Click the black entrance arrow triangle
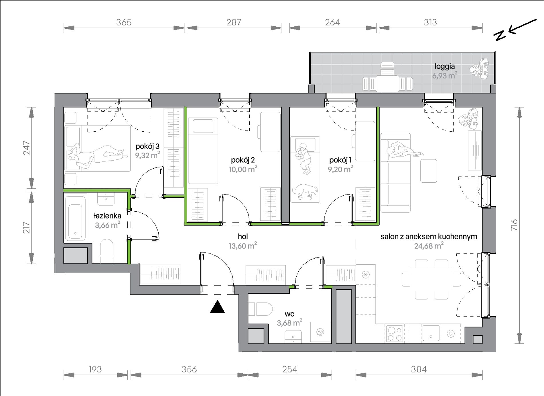coord(217,307)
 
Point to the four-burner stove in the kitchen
coord(395,333)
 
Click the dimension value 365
coord(124,22)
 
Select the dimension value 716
coord(514,225)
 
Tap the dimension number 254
coord(290,369)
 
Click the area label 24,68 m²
coord(429,246)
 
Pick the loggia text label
coord(445,67)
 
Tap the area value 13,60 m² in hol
coord(243,246)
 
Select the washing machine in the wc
coord(320,332)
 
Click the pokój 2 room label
coord(243,160)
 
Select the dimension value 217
coord(27,227)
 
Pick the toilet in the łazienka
coord(107,251)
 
